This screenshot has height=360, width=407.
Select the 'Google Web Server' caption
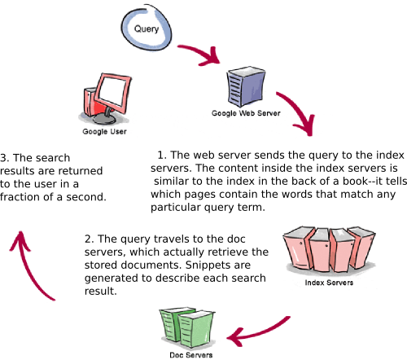point(246,115)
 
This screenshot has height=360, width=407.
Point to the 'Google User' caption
point(104,130)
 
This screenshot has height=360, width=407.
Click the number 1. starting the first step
point(161,154)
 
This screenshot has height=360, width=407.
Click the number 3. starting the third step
point(6,157)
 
